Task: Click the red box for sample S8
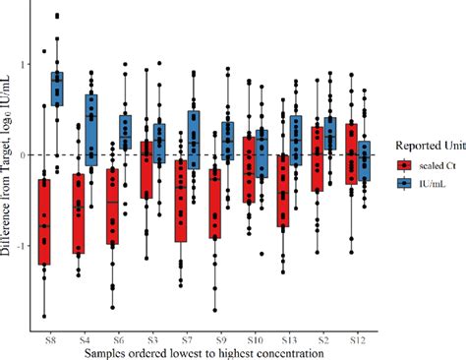[44, 221]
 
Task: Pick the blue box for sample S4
[92, 129]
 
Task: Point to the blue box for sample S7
[195, 139]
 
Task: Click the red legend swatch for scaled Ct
[404, 163]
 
